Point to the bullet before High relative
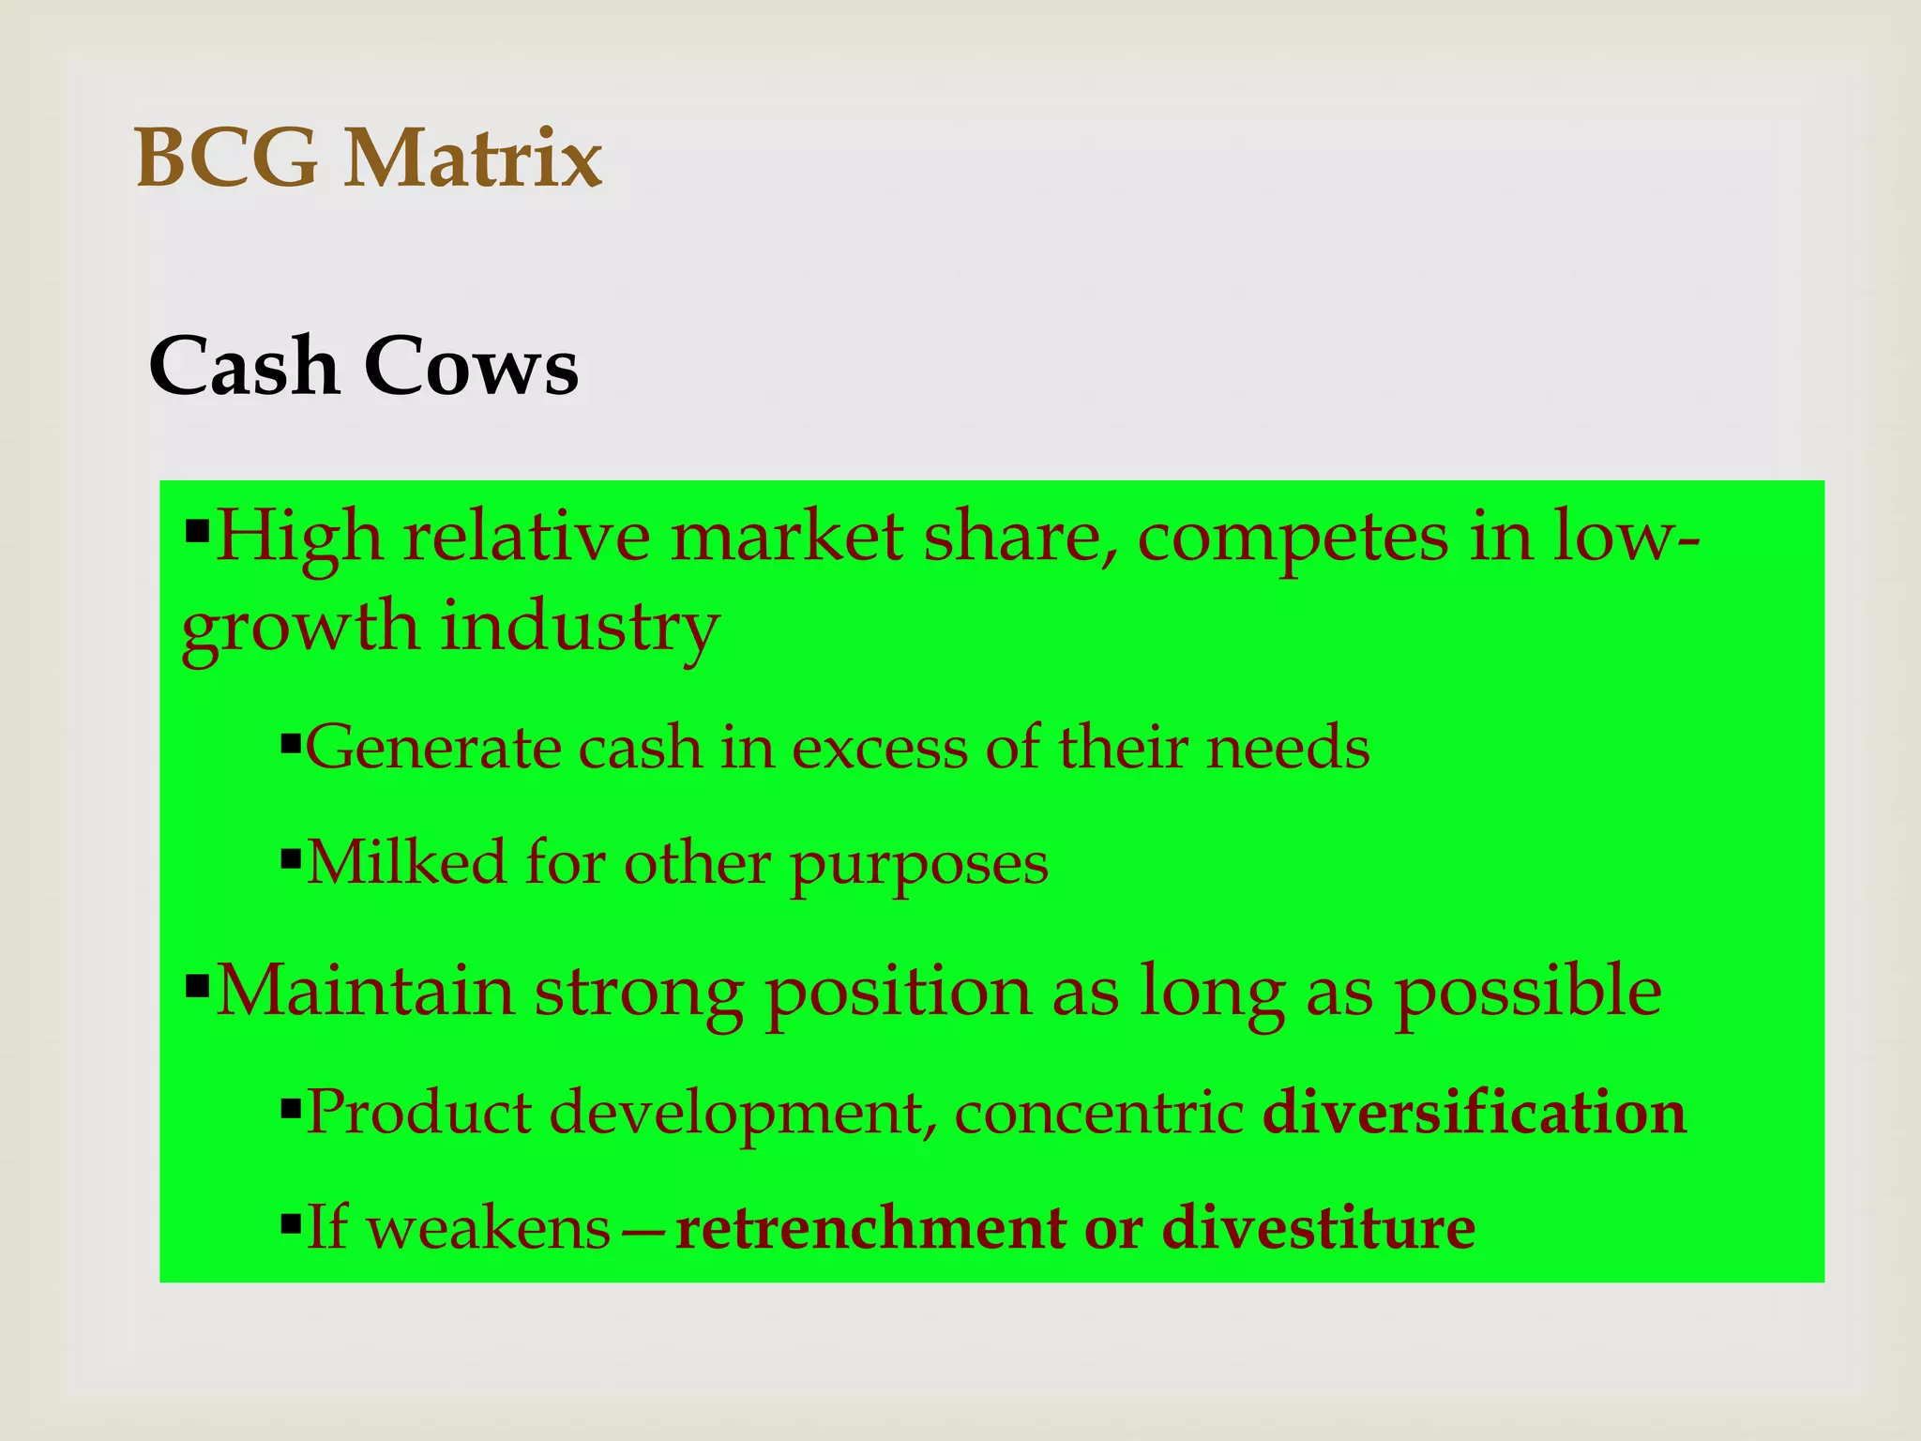tap(197, 534)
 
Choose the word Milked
tap(406, 862)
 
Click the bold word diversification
tap(1475, 1113)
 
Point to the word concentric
tap(1098, 1114)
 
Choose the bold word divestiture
tap(1318, 1228)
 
